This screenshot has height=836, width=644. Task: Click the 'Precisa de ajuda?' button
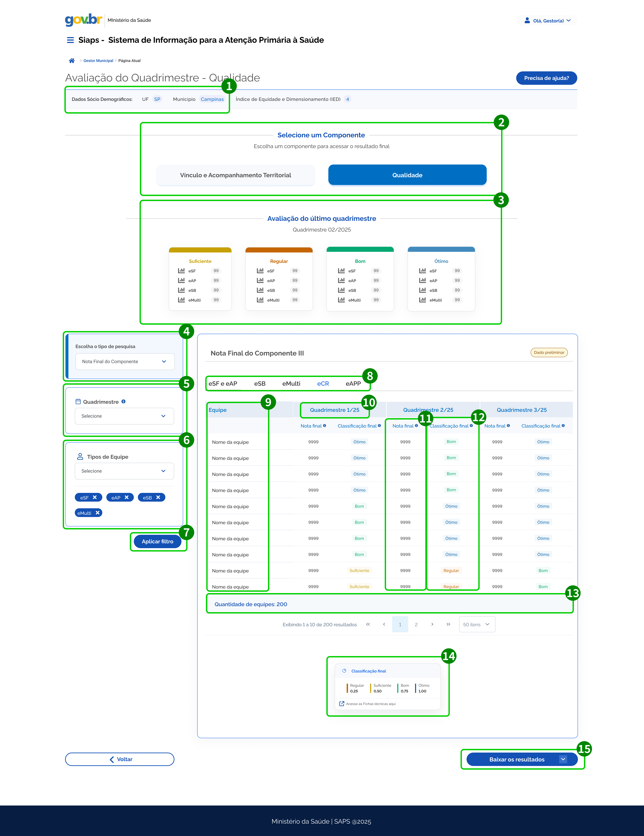click(546, 78)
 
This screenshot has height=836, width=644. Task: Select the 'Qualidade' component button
click(407, 175)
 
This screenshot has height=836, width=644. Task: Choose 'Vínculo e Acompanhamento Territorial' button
click(236, 175)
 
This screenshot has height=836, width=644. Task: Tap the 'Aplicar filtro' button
click(157, 541)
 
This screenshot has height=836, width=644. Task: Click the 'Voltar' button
click(120, 759)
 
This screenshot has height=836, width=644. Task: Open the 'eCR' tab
click(323, 383)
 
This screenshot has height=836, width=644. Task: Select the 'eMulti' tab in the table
click(291, 383)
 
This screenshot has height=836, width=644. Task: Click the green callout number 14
click(449, 656)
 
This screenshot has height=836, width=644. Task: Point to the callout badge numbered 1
click(229, 86)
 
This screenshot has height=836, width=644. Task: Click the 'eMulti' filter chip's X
click(98, 512)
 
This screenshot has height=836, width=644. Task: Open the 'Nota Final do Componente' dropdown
click(125, 361)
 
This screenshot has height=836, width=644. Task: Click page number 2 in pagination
click(416, 624)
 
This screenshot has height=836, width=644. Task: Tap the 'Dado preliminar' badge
click(549, 352)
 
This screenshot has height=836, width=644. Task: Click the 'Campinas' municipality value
click(212, 99)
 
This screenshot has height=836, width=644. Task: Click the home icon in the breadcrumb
click(72, 60)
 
